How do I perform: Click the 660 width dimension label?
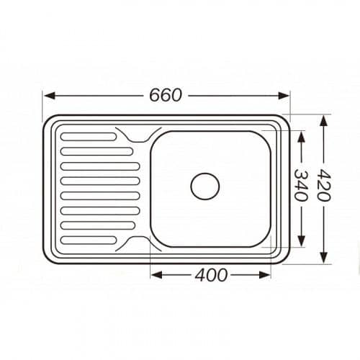pos(166,96)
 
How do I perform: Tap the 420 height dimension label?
pos(324,185)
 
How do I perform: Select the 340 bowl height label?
pos(301,185)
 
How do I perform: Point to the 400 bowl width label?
pos(211,275)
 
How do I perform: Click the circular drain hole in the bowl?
pos(205,186)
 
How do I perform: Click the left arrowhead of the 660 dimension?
pos(50,96)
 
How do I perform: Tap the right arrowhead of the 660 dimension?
pos(283,96)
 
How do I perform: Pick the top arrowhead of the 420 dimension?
pos(324,121)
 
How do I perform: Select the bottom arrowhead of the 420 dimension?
pos(324,257)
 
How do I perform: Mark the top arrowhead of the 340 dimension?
pos(301,137)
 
